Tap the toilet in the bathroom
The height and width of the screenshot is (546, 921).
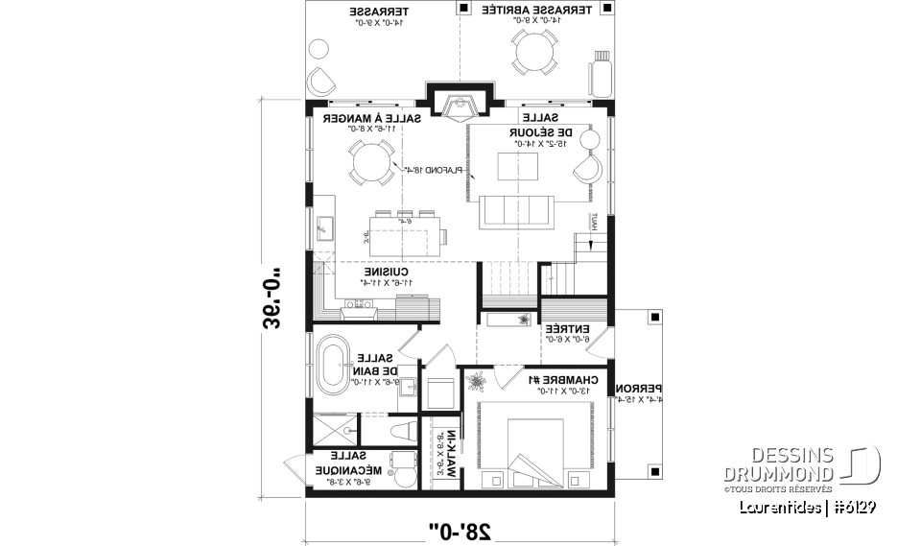tap(404, 429)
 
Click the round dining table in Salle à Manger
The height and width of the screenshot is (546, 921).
tap(368, 163)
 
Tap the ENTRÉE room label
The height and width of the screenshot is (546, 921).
tap(566, 334)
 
